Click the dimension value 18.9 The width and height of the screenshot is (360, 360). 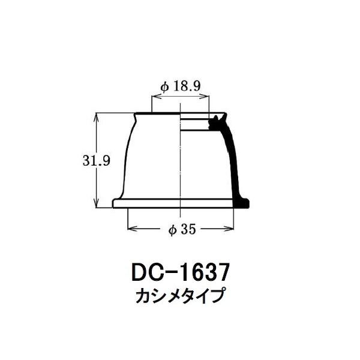coord(187,86)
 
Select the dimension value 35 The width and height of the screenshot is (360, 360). coord(188,229)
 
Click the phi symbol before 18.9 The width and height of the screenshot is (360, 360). coord(164,86)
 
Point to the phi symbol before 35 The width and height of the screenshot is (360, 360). coord(173,230)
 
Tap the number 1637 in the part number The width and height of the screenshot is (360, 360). coord(203,273)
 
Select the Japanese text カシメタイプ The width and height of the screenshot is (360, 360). coord(179,296)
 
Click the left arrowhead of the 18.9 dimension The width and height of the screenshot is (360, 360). coord(155,96)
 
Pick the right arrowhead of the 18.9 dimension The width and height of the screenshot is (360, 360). coord(205,96)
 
